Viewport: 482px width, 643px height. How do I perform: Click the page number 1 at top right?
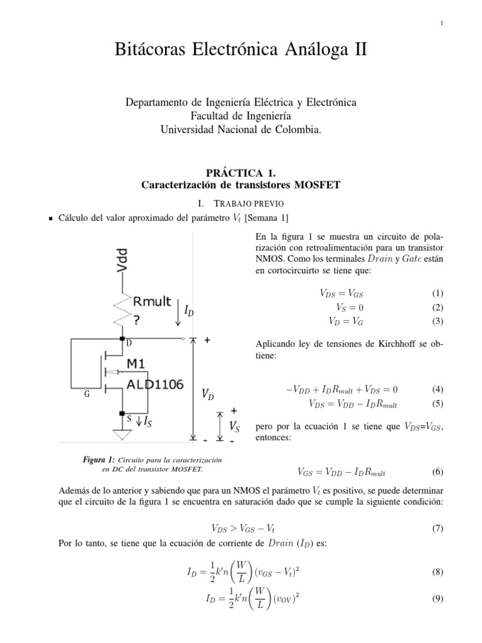(442, 24)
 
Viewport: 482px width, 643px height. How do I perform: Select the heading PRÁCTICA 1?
(241, 172)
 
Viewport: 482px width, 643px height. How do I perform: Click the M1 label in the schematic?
(140, 365)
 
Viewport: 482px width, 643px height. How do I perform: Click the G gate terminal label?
(86, 395)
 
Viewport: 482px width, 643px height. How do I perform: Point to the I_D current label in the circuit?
(189, 310)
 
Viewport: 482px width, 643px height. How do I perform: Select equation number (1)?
(437, 293)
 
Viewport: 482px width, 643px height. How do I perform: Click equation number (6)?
(437, 472)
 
